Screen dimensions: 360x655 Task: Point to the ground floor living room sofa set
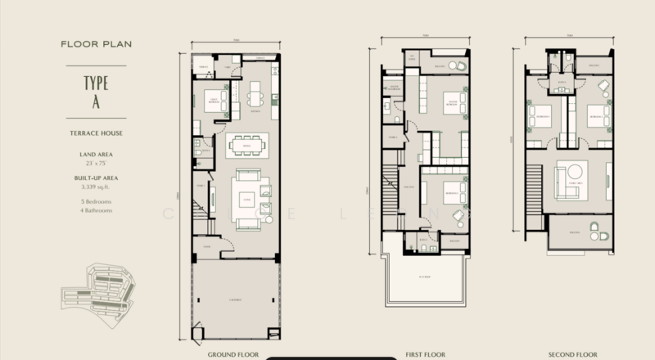pos(245,197)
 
